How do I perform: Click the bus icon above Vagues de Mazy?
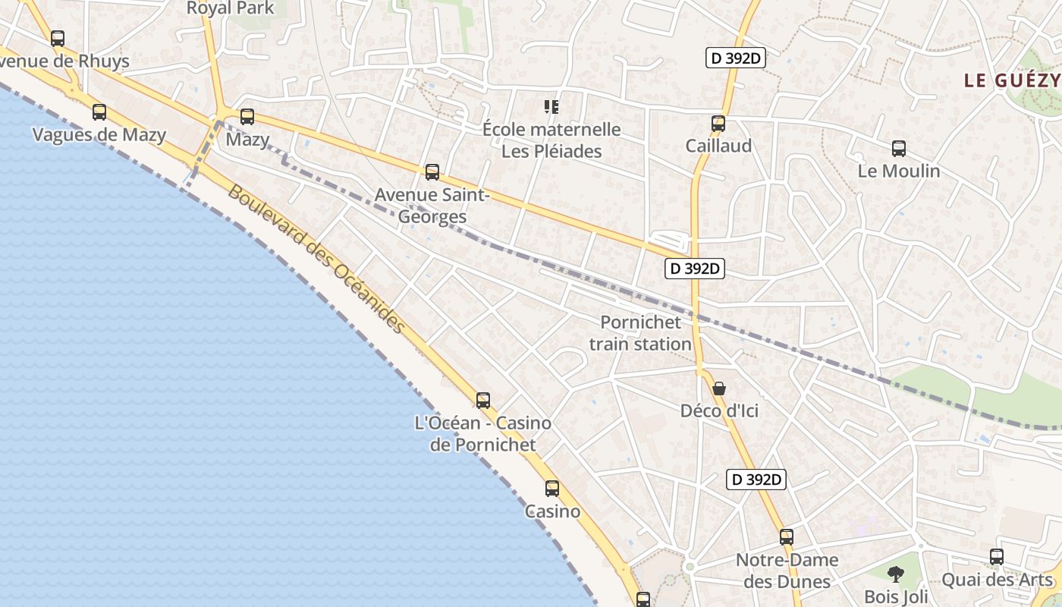[x=99, y=112]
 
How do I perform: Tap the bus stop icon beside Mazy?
[x=247, y=117]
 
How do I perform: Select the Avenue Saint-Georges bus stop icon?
[x=432, y=172]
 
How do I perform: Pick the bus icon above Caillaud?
[x=718, y=123]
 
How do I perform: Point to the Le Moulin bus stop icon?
[x=899, y=149]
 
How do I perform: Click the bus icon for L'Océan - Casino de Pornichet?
[x=482, y=401]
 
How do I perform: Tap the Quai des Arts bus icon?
[x=997, y=557]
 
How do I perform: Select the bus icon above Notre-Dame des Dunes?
[x=787, y=537]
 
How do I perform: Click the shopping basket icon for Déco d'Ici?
[x=719, y=388]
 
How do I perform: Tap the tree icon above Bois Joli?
[x=896, y=574]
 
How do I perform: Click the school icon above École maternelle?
[x=551, y=107]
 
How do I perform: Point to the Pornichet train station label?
[x=640, y=333]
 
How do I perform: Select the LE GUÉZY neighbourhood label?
[x=1011, y=80]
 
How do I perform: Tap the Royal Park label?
[x=230, y=8]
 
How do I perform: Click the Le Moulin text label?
[x=899, y=171]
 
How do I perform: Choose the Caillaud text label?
[x=718, y=146]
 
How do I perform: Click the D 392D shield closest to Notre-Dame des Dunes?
[x=756, y=480]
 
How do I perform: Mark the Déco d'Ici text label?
[x=719, y=411]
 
